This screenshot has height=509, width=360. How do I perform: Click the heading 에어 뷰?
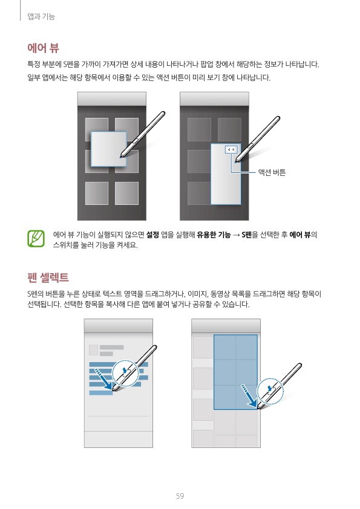43,48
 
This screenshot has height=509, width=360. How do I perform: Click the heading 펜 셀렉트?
48,277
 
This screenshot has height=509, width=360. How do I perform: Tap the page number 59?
180,496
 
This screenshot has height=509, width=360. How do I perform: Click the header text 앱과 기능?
41,16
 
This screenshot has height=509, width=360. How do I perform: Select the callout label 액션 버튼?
272,172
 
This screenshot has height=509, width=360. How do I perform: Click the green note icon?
36,239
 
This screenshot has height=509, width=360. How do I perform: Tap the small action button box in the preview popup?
231,149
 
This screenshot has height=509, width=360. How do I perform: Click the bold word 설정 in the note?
152,235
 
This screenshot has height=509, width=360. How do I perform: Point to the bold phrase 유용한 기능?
214,235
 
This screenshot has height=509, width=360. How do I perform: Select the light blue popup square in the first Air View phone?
108,149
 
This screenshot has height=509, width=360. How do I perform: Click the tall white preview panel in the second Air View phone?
226,174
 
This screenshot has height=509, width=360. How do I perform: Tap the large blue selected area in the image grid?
235,372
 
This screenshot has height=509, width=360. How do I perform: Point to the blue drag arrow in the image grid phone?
249,396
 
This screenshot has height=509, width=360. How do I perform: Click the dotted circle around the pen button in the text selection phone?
125,374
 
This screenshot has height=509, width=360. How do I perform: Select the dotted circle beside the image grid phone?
270,391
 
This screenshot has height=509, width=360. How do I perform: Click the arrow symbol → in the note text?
236,235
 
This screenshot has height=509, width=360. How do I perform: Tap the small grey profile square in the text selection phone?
94,350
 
